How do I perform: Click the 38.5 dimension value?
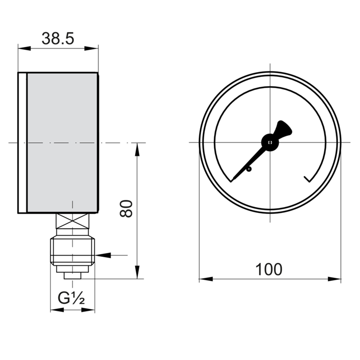pos(58,38)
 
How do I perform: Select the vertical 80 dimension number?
pos(126,208)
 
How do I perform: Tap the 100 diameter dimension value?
pos(269,269)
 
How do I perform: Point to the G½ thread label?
pos(71,298)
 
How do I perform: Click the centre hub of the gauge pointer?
pos(270,142)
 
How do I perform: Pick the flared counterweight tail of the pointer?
pos(283,129)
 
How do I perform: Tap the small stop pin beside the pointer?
pos(249,170)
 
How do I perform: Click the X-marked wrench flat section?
pos(72,221)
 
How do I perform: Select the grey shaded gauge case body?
pos(62,143)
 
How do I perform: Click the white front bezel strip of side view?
pos(22,143)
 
